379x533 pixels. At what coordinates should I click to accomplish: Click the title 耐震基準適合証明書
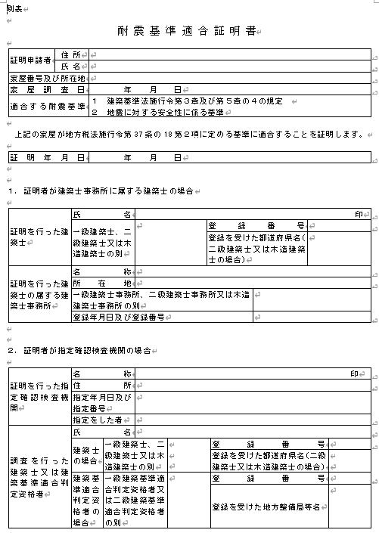click(189, 32)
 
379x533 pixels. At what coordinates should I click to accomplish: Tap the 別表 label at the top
click(13, 8)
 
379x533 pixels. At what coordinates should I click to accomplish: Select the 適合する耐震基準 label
click(45, 107)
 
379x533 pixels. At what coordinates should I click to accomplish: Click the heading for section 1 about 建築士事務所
click(102, 190)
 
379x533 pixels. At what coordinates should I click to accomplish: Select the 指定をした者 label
click(98, 419)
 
